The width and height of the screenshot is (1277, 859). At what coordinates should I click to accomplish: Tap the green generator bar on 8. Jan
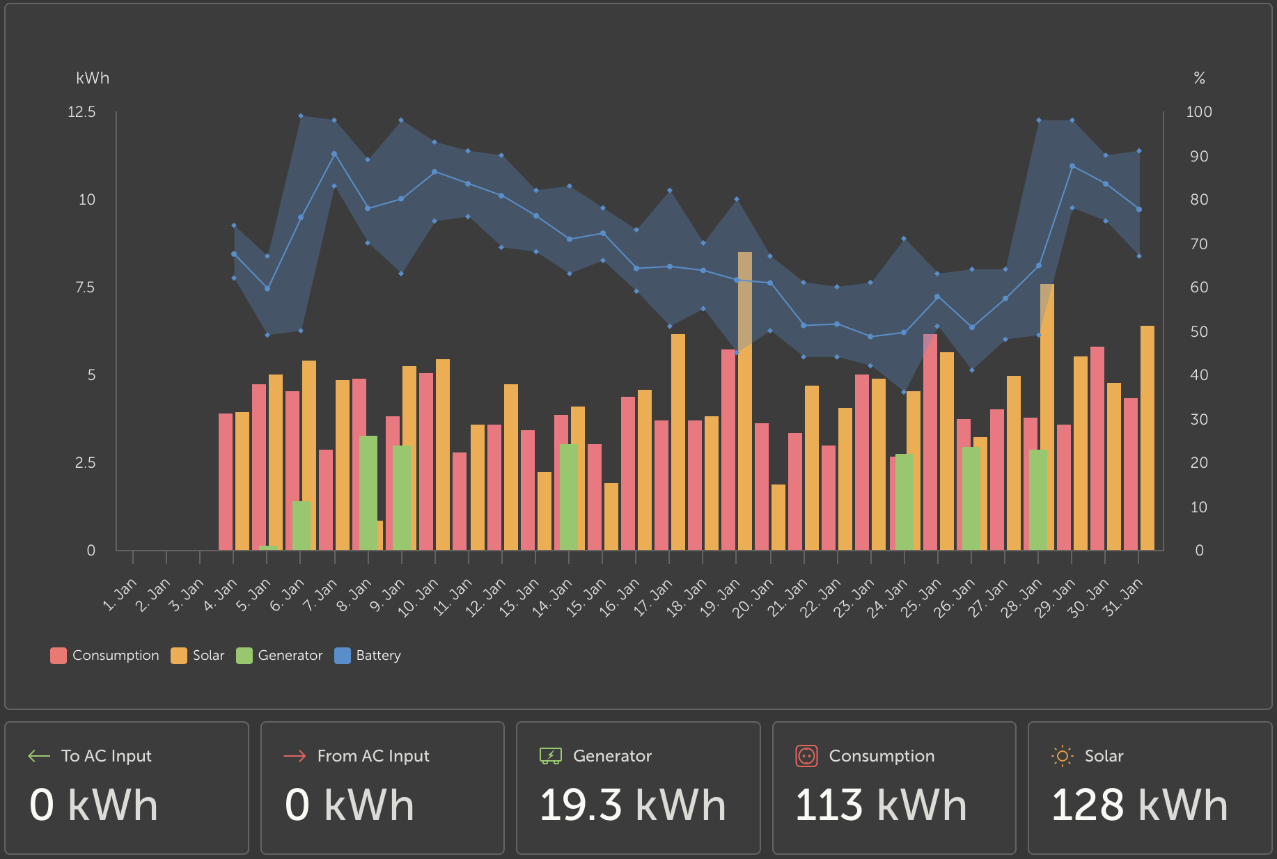click(368, 493)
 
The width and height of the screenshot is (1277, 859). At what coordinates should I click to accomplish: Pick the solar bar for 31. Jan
click(1147, 439)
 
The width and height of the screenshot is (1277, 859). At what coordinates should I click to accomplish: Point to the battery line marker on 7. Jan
click(334, 154)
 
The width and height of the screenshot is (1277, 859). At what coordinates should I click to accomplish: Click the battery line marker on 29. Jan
click(1072, 166)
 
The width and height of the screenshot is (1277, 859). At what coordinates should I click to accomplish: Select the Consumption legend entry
click(104, 656)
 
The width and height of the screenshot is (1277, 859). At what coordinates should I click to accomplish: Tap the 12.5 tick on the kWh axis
click(81, 112)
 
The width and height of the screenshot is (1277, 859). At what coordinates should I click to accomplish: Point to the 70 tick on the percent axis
click(1199, 244)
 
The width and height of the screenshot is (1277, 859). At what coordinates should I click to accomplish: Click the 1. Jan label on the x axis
click(120, 596)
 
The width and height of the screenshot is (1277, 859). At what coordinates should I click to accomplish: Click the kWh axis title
click(93, 78)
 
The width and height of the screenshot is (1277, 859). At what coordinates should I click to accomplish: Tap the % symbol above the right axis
click(1199, 78)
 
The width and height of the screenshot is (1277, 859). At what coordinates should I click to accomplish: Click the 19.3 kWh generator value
click(632, 805)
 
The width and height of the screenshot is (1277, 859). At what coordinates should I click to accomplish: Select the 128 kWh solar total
click(1139, 805)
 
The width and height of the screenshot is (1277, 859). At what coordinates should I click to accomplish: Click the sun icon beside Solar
click(1062, 756)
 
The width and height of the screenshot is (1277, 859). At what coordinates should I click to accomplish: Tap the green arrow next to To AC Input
click(39, 756)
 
